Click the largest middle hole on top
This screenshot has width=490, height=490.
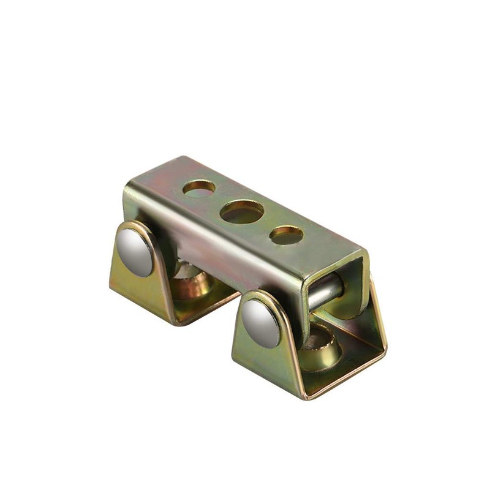pyautogui.click(x=242, y=212)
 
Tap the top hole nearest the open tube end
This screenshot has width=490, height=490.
pyautogui.click(x=286, y=235)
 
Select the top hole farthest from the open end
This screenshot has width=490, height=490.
pyautogui.click(x=198, y=188)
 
